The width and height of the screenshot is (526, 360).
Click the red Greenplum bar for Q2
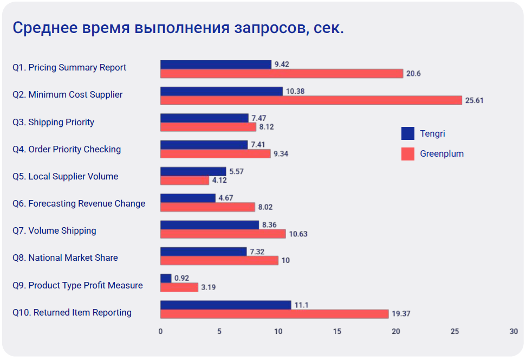[x=311, y=100]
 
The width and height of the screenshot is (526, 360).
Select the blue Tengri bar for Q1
[x=216, y=65]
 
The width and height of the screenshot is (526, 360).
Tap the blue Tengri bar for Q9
[x=166, y=278]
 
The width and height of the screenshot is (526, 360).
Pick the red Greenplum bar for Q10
[x=274, y=314]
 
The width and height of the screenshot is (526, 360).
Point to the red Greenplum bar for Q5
[x=185, y=180]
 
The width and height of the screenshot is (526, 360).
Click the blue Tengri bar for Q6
[x=187, y=198]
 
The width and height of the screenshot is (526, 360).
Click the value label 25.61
[x=475, y=100]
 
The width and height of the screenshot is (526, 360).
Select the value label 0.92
[x=182, y=278]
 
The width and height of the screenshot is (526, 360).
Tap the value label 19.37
[x=401, y=314]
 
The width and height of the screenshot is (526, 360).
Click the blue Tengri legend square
[x=408, y=133]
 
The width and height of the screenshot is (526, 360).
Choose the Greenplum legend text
[x=441, y=153]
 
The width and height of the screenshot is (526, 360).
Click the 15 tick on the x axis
[x=337, y=331]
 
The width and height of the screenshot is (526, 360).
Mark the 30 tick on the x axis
[x=514, y=331]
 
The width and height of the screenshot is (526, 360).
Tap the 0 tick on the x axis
[x=160, y=331]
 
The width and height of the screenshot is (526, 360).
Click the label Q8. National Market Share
[x=65, y=258]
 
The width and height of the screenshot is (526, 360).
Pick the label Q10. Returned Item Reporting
[x=72, y=312]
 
